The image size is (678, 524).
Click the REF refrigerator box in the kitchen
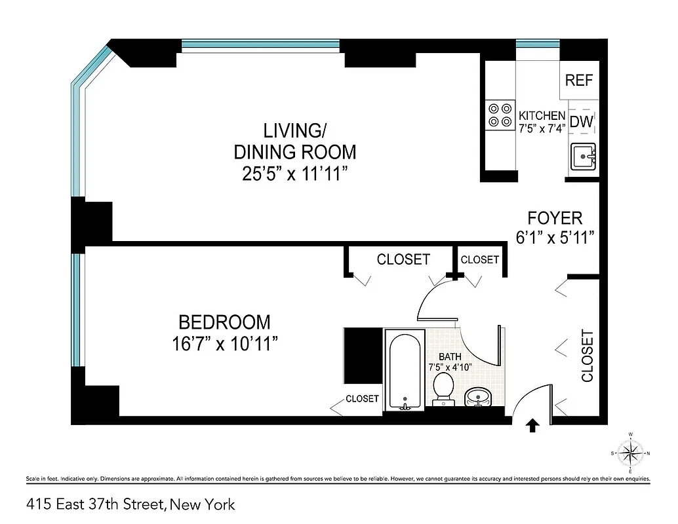(579, 81)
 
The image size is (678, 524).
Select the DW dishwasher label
(582, 121)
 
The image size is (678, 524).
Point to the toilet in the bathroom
(444, 388)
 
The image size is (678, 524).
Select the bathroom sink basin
(479, 397)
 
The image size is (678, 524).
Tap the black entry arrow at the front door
(532, 426)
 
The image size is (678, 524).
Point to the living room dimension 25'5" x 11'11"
(295, 176)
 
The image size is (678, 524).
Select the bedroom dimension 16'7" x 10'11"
(225, 343)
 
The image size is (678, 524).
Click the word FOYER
(555, 218)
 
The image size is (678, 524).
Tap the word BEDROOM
(224, 322)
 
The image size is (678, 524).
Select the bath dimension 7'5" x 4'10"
(450, 367)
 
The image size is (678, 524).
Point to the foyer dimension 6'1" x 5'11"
(555, 237)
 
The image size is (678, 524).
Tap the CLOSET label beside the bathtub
(362, 398)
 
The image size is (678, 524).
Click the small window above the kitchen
(538, 45)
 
